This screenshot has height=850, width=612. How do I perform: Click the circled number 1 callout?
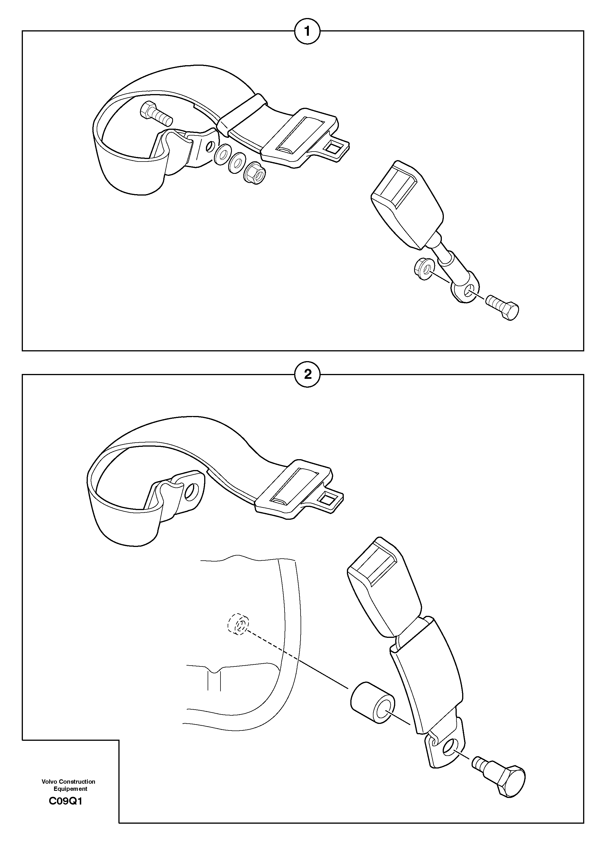coord(307,31)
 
